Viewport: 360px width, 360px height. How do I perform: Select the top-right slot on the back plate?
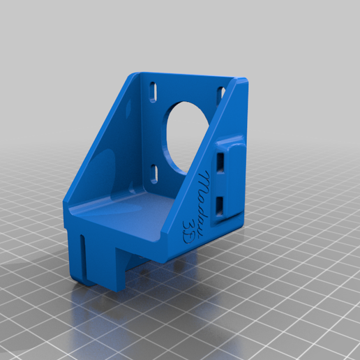click(221, 92)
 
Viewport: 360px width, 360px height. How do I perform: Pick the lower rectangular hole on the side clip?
click(221, 203)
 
